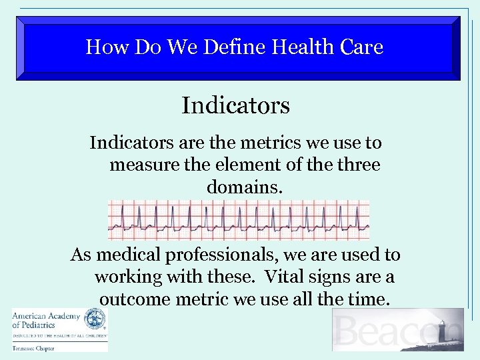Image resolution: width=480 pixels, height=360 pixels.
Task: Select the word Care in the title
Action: (361, 47)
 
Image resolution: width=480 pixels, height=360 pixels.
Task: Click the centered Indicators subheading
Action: (235, 105)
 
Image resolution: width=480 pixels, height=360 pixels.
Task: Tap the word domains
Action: (245, 187)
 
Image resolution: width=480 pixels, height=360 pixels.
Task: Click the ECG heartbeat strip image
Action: (239, 220)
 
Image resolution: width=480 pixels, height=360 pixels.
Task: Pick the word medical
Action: (129, 255)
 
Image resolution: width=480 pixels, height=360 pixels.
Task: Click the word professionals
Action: (225, 255)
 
